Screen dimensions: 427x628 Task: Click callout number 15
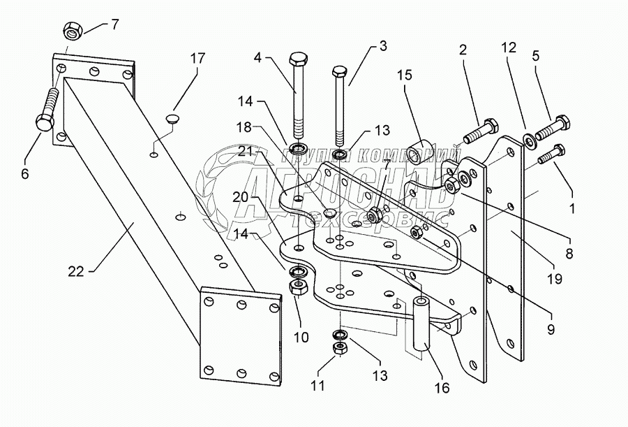click(x=404, y=74)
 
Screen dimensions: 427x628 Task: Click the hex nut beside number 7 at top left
click(x=71, y=31)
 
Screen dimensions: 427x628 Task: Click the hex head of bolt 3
click(x=340, y=71)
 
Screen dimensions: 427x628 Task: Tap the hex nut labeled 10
click(x=297, y=287)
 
